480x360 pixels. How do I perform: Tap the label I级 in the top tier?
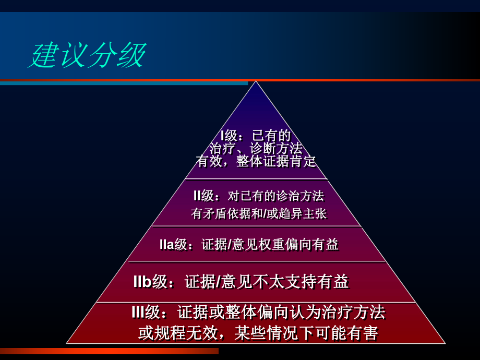229,136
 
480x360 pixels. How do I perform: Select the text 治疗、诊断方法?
256,149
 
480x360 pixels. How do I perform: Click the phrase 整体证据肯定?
276,161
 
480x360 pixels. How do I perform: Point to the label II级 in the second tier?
204,196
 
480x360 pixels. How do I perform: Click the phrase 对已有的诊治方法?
276,196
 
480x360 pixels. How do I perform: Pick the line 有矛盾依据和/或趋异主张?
259,213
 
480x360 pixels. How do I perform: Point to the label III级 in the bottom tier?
146,313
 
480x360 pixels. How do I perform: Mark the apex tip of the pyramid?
255,82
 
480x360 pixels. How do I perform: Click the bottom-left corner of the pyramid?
67,343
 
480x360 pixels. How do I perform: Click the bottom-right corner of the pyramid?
445,343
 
